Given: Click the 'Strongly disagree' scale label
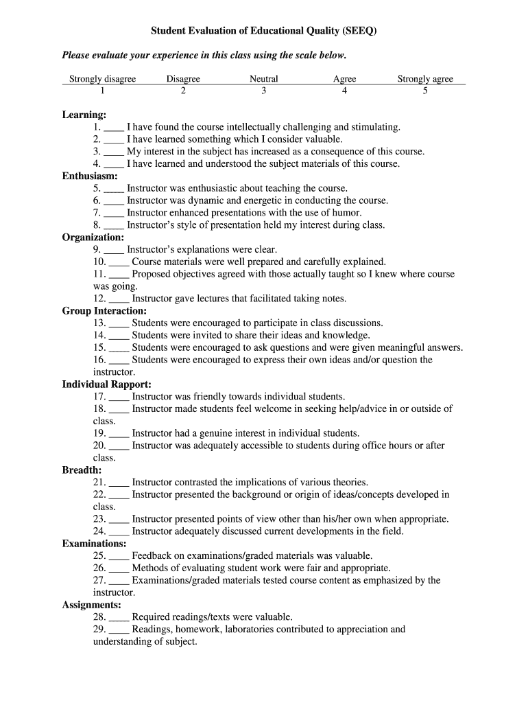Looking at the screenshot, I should click(103, 79).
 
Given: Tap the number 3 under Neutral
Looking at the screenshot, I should click(263, 91).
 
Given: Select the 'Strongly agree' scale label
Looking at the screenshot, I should click(425, 79).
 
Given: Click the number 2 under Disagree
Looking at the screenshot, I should click(183, 91).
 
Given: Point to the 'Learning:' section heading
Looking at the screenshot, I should click(84, 115).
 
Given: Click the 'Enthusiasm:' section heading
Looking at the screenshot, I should click(90, 176).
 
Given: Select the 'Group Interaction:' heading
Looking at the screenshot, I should click(104, 310).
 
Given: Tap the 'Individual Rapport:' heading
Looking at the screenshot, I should click(107, 384).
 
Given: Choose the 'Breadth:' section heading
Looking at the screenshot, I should click(82, 470).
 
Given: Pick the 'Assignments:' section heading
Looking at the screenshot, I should click(92, 605).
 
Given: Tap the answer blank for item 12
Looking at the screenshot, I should click(119, 300).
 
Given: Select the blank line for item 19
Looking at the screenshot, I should click(119, 435).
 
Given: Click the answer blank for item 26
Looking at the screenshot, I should click(119, 569).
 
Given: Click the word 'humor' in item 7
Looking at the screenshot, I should click(346, 213).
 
